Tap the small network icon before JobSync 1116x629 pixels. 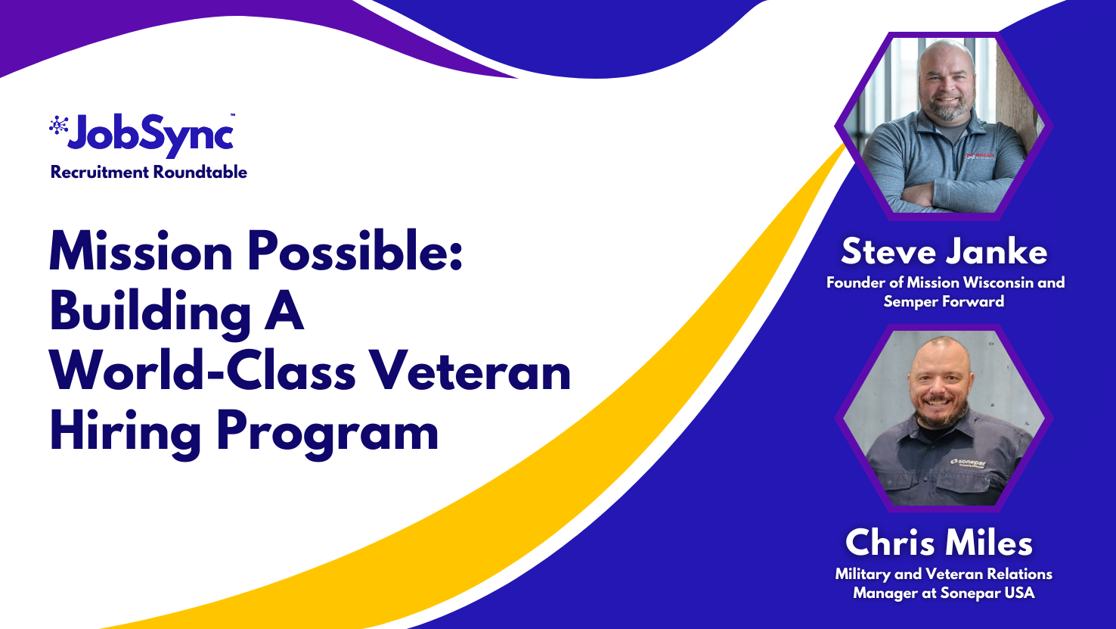tap(57, 125)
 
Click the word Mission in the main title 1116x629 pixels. tap(141, 251)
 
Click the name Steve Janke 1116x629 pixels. tap(944, 251)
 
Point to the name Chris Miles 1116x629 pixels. tap(939, 543)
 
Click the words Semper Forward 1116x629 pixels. tap(944, 301)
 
